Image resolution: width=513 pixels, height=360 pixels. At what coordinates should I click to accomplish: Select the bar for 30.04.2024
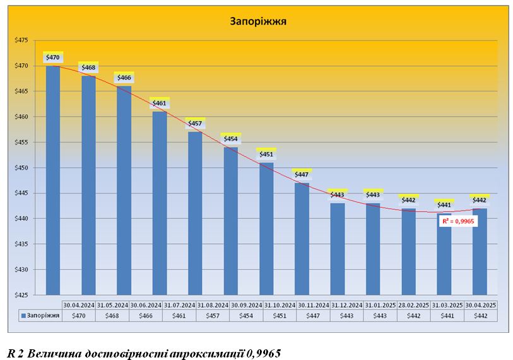pyautogui.click(x=53, y=180)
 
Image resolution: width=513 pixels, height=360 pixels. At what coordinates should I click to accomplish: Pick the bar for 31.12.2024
pyautogui.click(x=337, y=248)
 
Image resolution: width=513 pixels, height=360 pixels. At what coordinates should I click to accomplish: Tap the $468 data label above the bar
pyautogui.click(x=88, y=67)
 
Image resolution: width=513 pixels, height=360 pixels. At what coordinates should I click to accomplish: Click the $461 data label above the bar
pyautogui.click(x=160, y=103)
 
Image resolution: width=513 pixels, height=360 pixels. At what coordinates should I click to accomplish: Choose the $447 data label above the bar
pyautogui.click(x=302, y=174)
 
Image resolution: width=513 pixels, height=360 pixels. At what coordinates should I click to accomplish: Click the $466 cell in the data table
pyautogui.click(x=146, y=316)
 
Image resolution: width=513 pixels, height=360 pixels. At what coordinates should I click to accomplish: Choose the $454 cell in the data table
pyautogui.click(x=246, y=316)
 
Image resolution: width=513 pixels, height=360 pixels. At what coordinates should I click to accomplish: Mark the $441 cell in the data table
pyautogui.click(x=447, y=316)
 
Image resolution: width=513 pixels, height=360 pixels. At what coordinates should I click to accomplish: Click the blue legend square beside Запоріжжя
pyautogui.click(x=23, y=316)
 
